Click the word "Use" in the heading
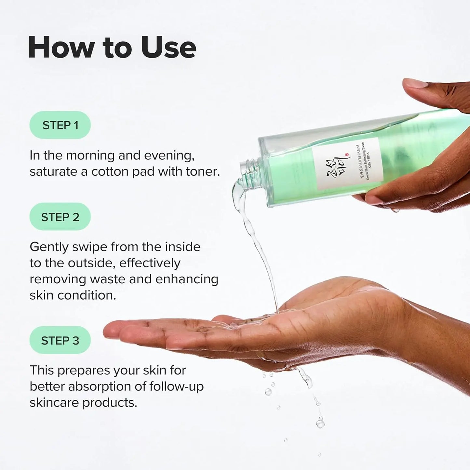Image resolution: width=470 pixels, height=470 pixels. [x=168, y=48]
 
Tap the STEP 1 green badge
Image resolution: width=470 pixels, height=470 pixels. [x=60, y=125]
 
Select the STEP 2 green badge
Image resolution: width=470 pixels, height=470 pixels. [x=60, y=217]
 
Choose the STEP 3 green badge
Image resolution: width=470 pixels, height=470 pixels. [x=60, y=340]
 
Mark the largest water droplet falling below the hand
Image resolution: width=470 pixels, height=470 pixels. [x=320, y=423]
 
